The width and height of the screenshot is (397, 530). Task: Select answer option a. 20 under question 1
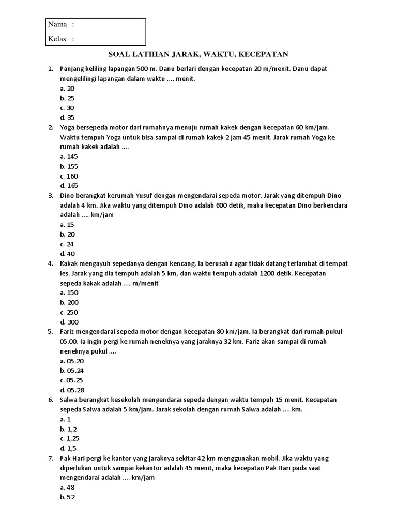[68, 89]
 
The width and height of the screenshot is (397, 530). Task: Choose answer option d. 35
[68, 117]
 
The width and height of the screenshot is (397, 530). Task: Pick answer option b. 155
[69, 166]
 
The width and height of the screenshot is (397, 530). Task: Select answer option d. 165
[69, 186]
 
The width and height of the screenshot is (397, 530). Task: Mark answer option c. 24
[68, 244]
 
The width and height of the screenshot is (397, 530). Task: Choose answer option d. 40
[68, 254]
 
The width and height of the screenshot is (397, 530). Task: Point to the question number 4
[50, 263]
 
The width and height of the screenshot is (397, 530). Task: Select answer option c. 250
[69, 312]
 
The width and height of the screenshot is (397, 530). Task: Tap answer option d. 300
[69, 321]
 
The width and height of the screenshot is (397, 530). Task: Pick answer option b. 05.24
[72, 371]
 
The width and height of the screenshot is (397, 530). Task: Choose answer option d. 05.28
[72, 390]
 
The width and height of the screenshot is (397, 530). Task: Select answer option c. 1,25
[70, 438]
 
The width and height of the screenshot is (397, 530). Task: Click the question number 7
[50, 458]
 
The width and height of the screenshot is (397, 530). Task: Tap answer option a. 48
[68, 487]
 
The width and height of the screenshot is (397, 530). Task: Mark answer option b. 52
[68, 497]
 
